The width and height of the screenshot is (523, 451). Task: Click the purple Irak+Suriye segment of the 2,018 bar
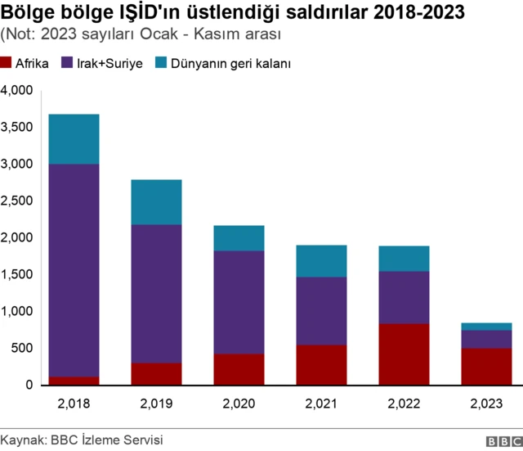coord(74,270)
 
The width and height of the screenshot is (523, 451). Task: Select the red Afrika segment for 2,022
coord(405,354)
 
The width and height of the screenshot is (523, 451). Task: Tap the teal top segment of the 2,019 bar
coord(157,202)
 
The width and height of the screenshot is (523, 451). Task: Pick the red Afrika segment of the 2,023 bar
coord(487,366)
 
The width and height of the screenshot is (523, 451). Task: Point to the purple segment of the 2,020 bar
coord(239,302)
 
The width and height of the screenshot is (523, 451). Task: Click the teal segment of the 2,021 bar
coord(322,261)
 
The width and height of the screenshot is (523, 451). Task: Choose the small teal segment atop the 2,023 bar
coord(487,327)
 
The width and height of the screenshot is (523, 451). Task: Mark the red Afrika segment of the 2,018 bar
coord(74,381)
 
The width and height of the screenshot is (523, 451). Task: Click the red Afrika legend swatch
coord(7,63)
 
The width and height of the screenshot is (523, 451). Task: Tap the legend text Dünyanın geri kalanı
coord(231,63)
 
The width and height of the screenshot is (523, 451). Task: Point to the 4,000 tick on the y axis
coord(18,90)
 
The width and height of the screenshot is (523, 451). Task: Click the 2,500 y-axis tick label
coord(18,201)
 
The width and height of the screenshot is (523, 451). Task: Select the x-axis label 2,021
coord(322,404)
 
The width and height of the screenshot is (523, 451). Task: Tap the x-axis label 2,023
coord(487,404)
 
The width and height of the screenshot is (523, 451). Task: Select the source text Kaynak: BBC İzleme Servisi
coord(82,440)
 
